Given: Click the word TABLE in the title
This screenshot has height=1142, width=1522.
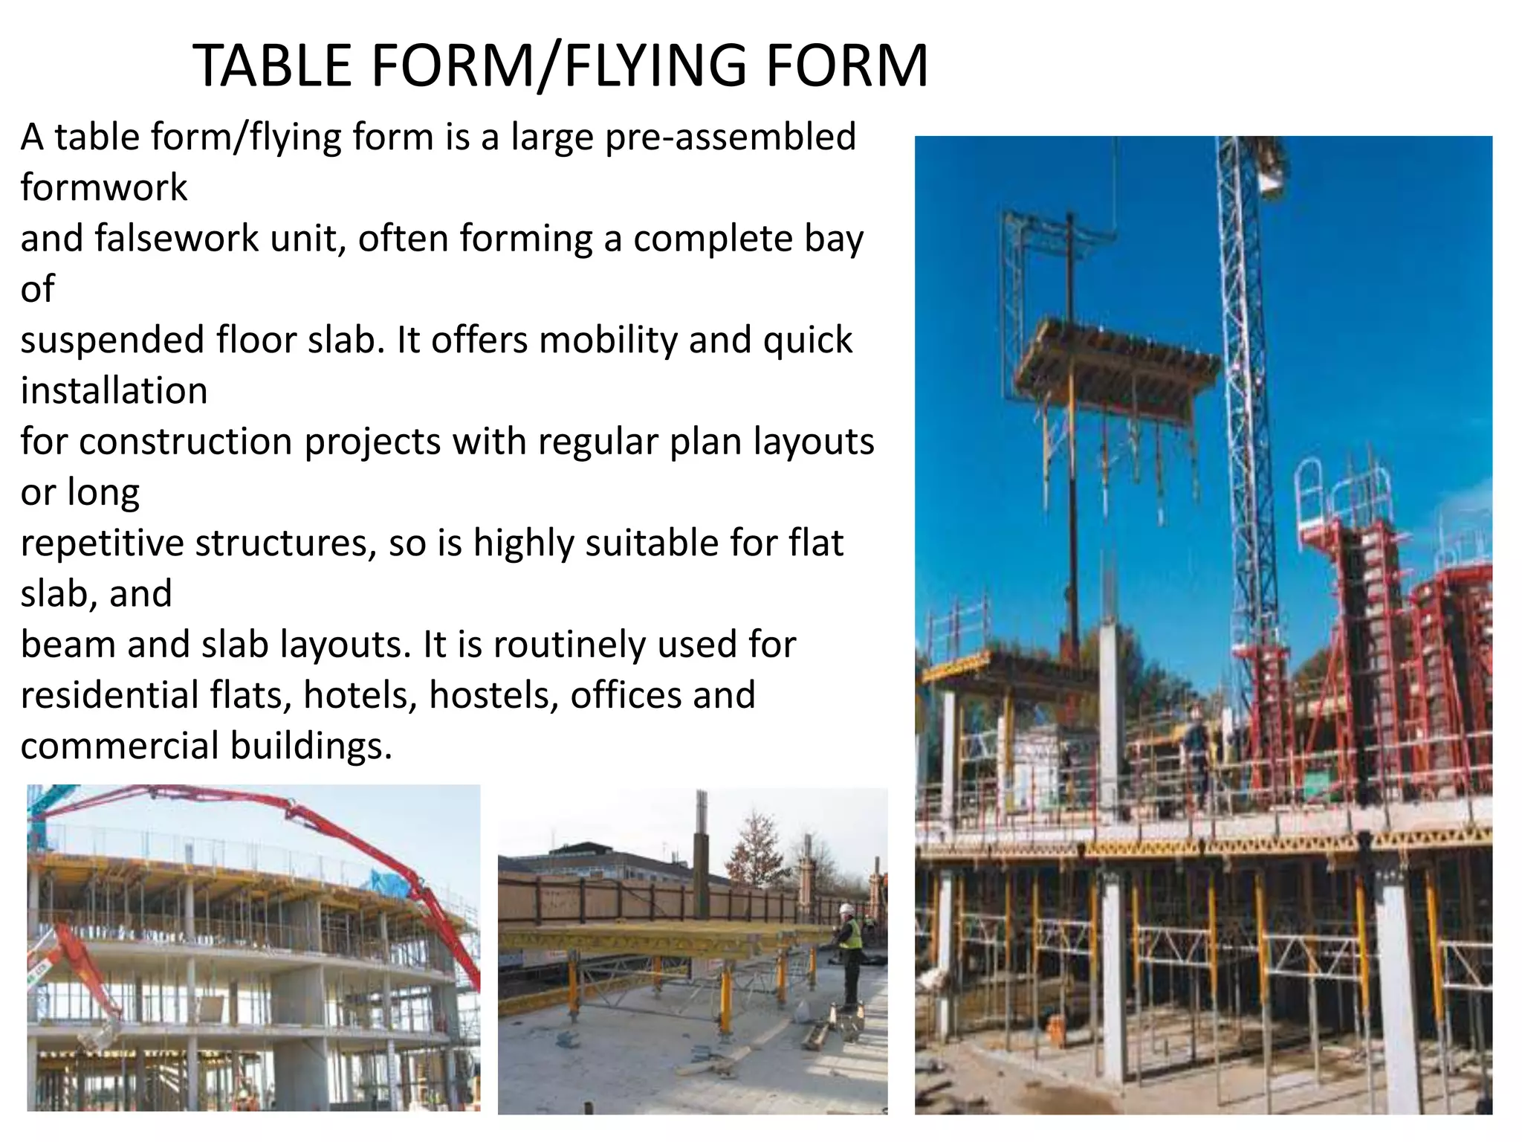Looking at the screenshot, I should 273,65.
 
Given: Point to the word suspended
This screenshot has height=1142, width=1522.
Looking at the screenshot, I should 111,341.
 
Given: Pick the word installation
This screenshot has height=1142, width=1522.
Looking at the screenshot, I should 114,391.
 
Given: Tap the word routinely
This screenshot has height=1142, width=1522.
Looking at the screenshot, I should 569,645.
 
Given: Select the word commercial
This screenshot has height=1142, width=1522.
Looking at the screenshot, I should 119,746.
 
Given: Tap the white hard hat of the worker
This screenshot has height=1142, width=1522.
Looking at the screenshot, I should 845,909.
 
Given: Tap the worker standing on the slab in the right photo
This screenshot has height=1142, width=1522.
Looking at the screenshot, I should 1196,751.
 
